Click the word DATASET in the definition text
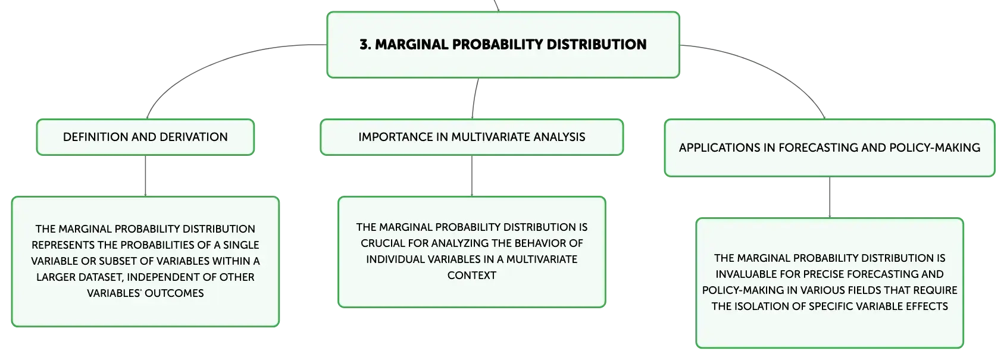99,277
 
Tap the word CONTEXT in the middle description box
471,276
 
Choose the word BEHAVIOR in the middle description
540,243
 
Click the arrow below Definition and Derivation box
145,176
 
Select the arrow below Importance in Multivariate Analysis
471,176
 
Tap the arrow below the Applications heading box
830,198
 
